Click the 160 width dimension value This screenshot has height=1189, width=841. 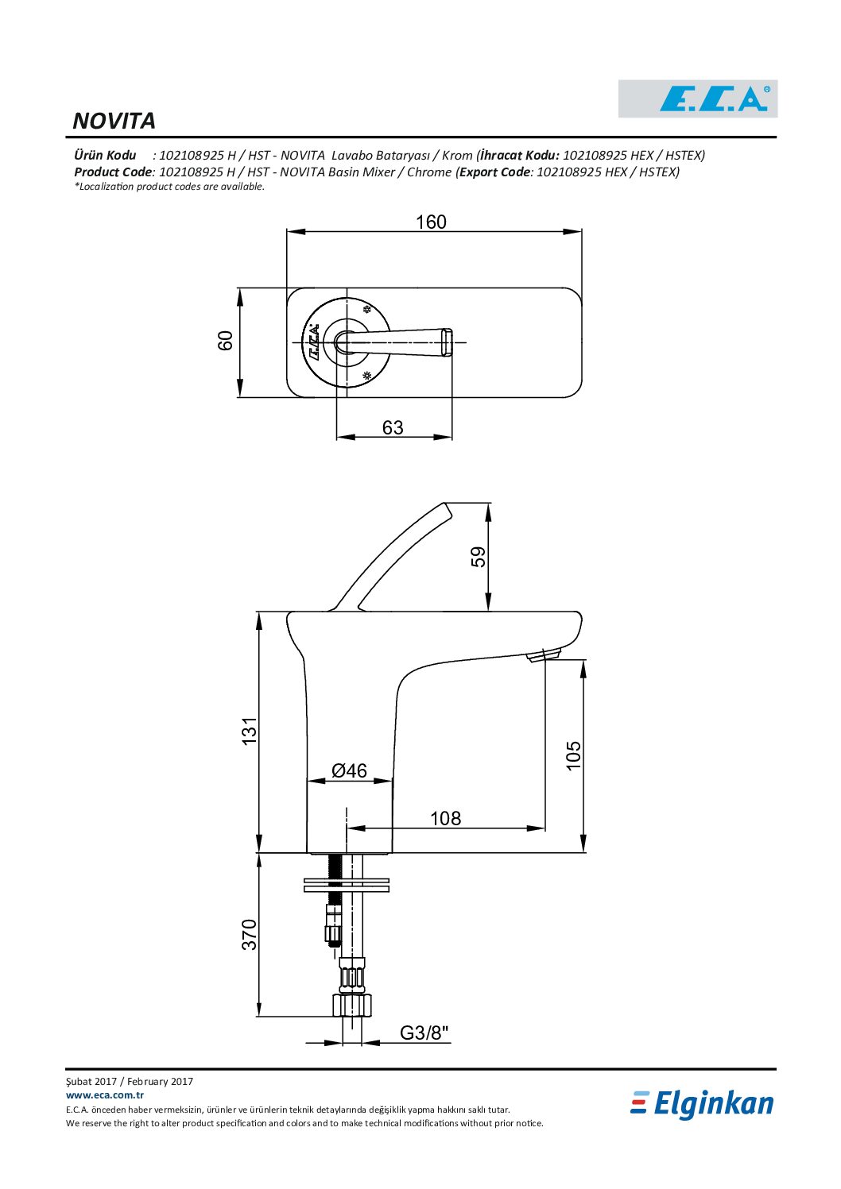click(x=431, y=222)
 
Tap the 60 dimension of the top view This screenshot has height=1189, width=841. click(x=225, y=340)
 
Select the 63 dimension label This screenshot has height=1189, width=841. click(x=393, y=427)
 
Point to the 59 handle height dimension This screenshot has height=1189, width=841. click(x=479, y=557)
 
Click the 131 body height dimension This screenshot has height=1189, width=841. click(x=249, y=732)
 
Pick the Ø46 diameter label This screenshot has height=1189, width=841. click(x=349, y=770)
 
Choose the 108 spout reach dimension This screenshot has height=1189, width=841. click(x=445, y=818)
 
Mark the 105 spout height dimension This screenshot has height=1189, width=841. click(x=574, y=755)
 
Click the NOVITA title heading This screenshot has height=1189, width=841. click(x=114, y=121)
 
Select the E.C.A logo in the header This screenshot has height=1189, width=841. click(x=698, y=98)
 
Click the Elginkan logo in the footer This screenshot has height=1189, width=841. click(x=703, y=1105)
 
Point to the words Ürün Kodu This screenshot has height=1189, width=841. click(x=105, y=155)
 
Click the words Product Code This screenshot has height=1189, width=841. click(x=113, y=172)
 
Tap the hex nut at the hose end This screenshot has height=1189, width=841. click(x=351, y=1006)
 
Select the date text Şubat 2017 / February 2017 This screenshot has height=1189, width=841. click(x=129, y=1081)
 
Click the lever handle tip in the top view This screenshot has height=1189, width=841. click(x=447, y=342)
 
